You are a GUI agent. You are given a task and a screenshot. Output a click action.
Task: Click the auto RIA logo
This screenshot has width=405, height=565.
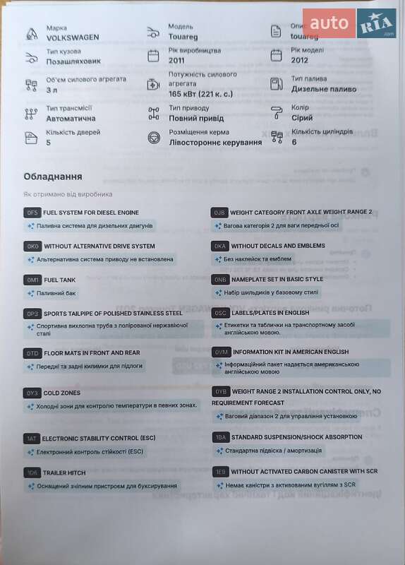[x=350, y=24]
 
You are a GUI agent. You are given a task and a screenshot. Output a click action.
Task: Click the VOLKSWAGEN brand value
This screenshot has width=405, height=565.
[x=73, y=37]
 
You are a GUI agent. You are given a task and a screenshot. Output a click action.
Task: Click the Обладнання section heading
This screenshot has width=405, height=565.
[x=52, y=177]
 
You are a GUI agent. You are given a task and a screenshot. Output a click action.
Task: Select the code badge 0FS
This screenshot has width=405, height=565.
[x=32, y=213]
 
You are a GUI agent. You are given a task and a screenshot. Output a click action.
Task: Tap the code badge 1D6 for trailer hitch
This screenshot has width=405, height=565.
[x=32, y=472]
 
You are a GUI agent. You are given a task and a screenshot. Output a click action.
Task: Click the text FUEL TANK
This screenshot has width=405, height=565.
[x=59, y=280]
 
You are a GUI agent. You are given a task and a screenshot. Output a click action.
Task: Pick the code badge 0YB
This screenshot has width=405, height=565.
[x=220, y=391]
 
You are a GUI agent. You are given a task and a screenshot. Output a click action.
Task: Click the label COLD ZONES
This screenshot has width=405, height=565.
[x=62, y=393]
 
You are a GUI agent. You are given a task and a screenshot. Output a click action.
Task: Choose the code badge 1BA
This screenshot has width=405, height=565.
[x=220, y=437]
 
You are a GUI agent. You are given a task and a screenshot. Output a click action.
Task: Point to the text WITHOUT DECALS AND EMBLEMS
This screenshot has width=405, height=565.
[x=278, y=246]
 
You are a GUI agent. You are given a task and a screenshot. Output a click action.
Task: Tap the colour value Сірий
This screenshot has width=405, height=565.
[x=302, y=118]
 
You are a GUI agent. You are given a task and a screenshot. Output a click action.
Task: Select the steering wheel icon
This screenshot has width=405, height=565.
[x=154, y=137]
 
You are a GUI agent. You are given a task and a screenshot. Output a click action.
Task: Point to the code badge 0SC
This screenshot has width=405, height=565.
[x=220, y=313]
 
